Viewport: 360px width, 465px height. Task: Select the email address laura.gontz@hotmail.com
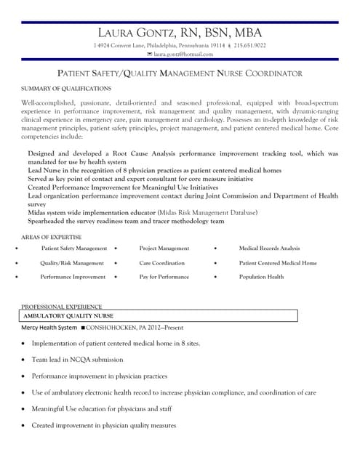(x=183, y=54)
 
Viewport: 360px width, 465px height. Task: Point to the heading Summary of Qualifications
(x=66, y=89)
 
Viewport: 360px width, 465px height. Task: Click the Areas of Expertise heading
(x=51, y=237)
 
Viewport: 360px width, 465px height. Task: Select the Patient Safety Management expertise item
(x=73, y=248)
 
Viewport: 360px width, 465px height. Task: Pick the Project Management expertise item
(x=164, y=248)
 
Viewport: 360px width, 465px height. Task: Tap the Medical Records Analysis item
(x=269, y=248)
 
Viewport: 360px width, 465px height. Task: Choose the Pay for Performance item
(x=164, y=277)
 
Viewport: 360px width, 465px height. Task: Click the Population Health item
(x=261, y=277)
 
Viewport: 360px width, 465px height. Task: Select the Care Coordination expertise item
(x=161, y=263)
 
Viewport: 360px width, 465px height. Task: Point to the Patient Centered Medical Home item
(x=277, y=263)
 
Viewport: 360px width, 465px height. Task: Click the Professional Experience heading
(x=61, y=307)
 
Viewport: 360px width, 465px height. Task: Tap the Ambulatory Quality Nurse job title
(x=68, y=317)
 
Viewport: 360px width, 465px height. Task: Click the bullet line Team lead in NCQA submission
(x=77, y=360)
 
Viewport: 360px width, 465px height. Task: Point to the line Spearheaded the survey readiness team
(x=126, y=222)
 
